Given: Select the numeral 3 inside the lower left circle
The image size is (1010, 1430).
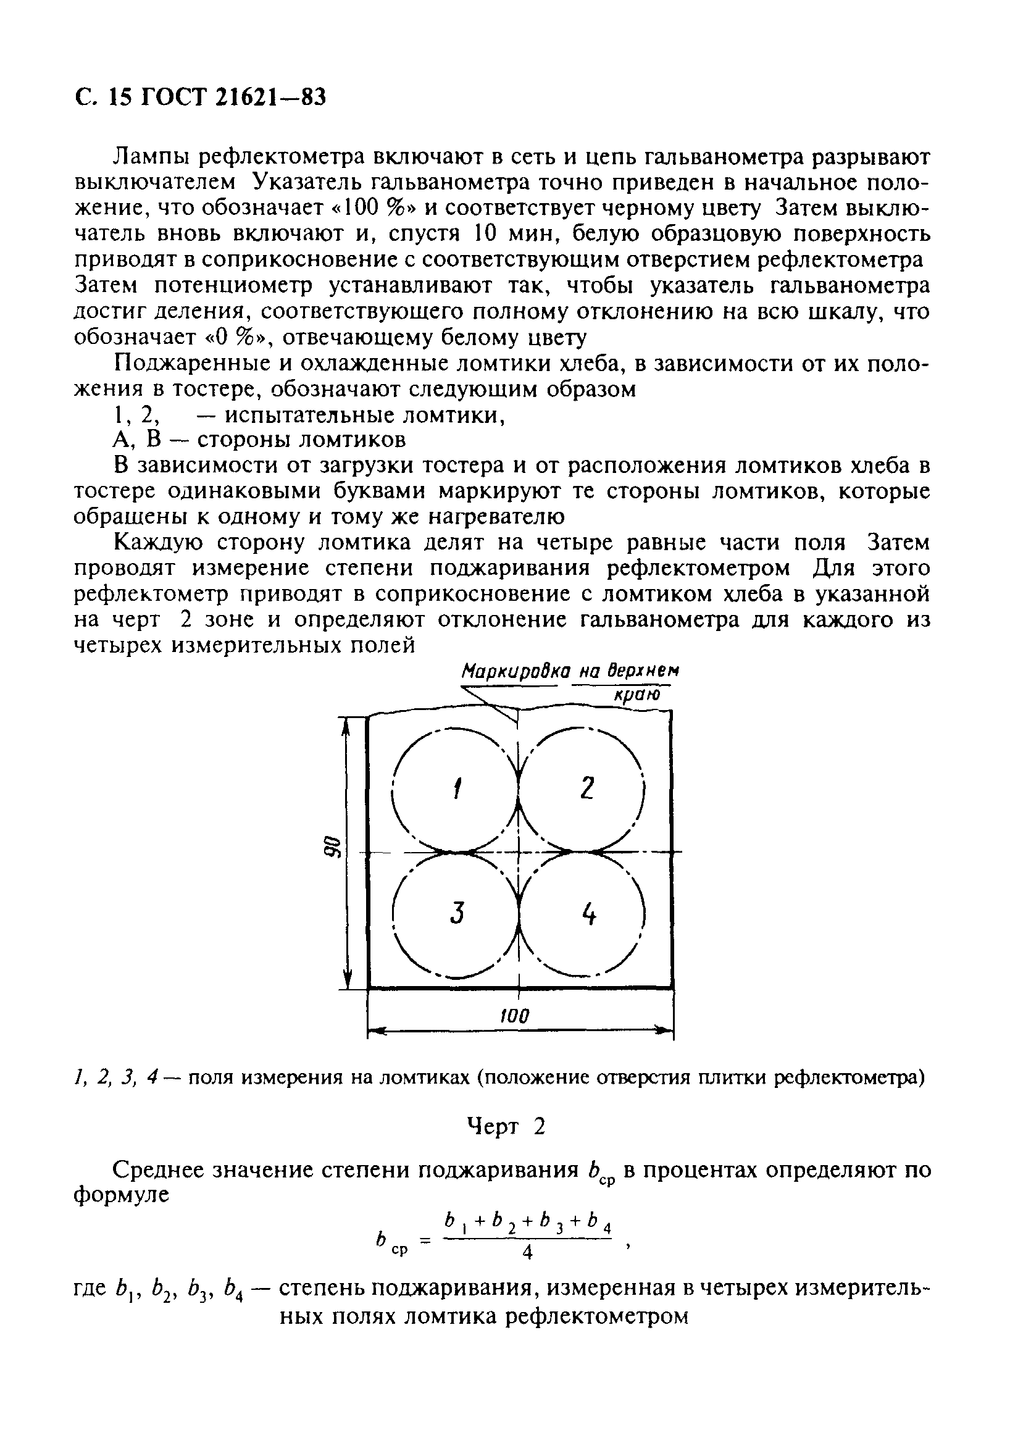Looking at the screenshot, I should (x=457, y=913).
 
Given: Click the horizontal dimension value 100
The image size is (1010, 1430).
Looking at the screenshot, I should (x=514, y=1017).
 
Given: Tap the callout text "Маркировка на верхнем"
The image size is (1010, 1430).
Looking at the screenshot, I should (x=570, y=671).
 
